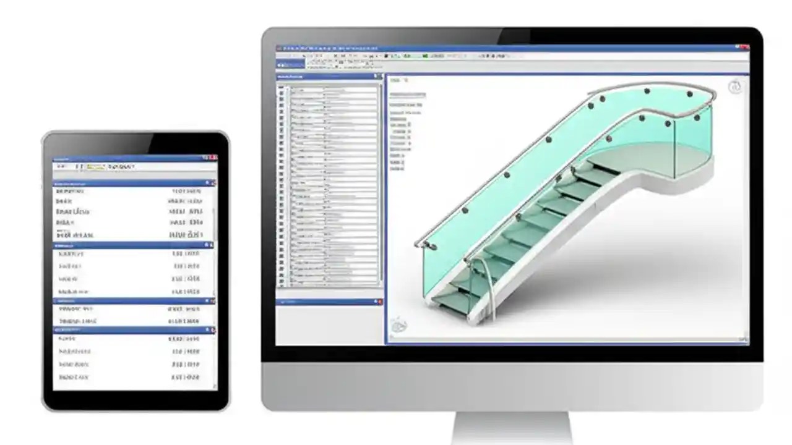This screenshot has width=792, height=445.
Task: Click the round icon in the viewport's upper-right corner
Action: [x=735, y=87]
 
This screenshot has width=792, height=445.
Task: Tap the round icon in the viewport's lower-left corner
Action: [x=399, y=326]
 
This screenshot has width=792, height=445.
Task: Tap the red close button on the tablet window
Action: [x=213, y=158]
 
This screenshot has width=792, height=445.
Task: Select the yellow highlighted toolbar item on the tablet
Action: [x=94, y=167]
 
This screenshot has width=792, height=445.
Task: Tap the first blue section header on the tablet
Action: [x=133, y=184]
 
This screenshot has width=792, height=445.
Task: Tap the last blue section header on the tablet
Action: [x=133, y=330]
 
